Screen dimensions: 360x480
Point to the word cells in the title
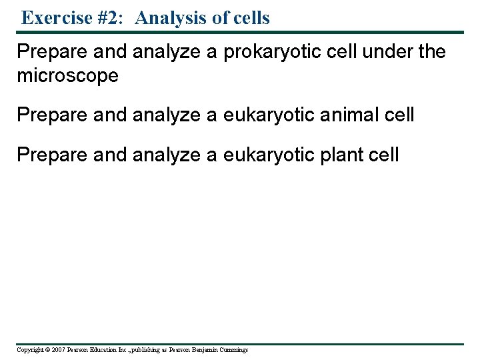point(249,18)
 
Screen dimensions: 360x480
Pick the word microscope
point(67,75)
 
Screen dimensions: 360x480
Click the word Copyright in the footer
point(29,350)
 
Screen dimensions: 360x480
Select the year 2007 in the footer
point(57,350)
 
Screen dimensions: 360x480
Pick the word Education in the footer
point(107,350)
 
